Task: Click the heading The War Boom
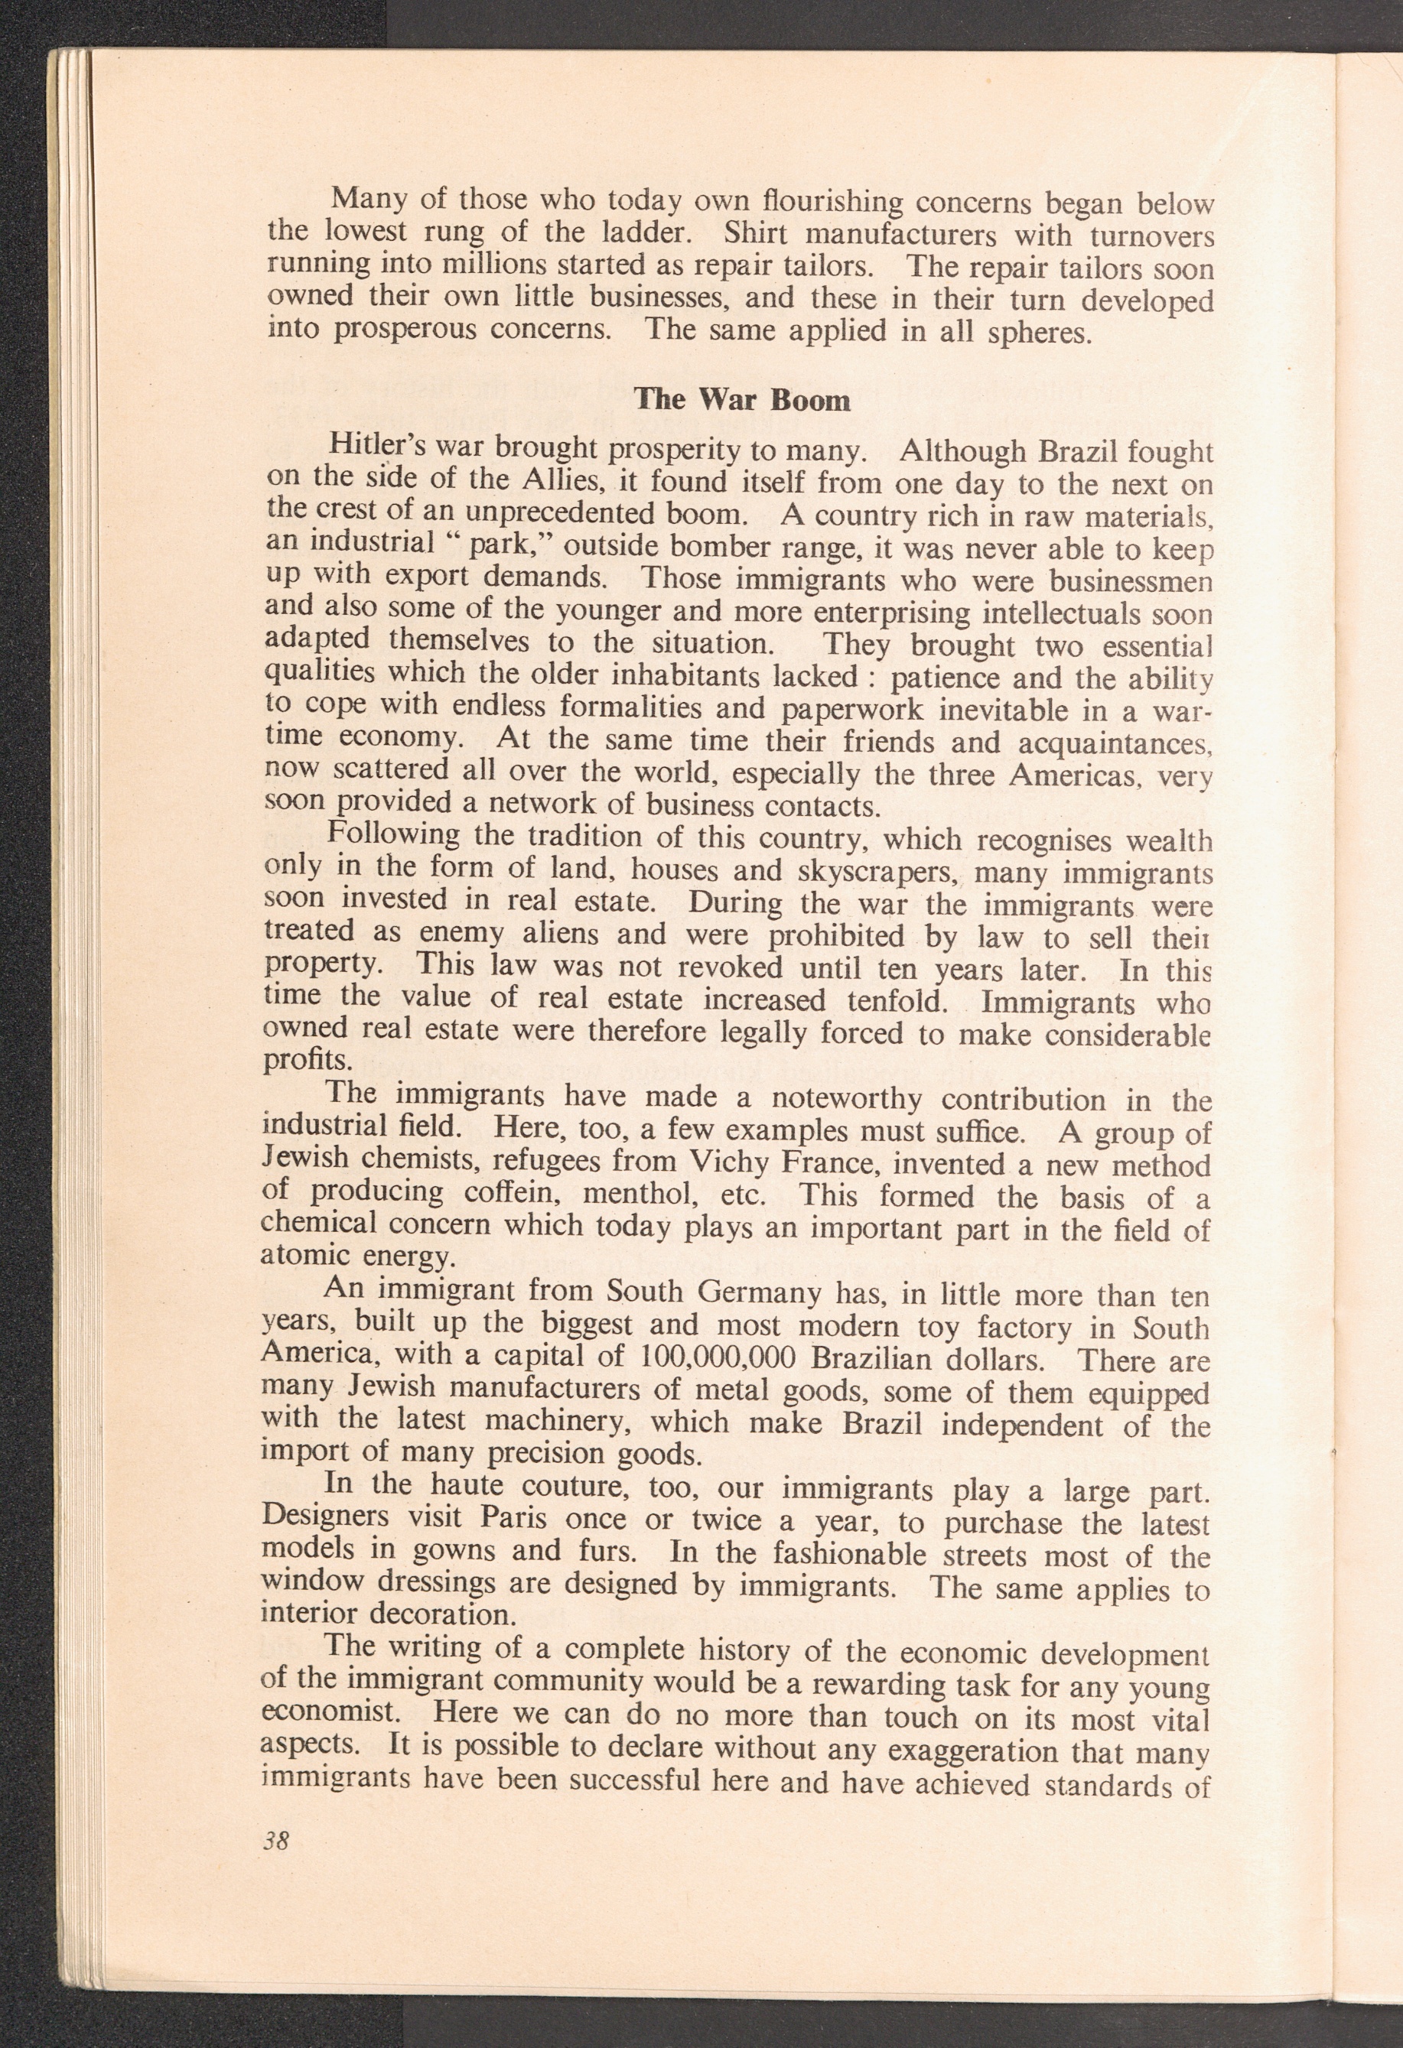742,400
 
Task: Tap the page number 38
276,1841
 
